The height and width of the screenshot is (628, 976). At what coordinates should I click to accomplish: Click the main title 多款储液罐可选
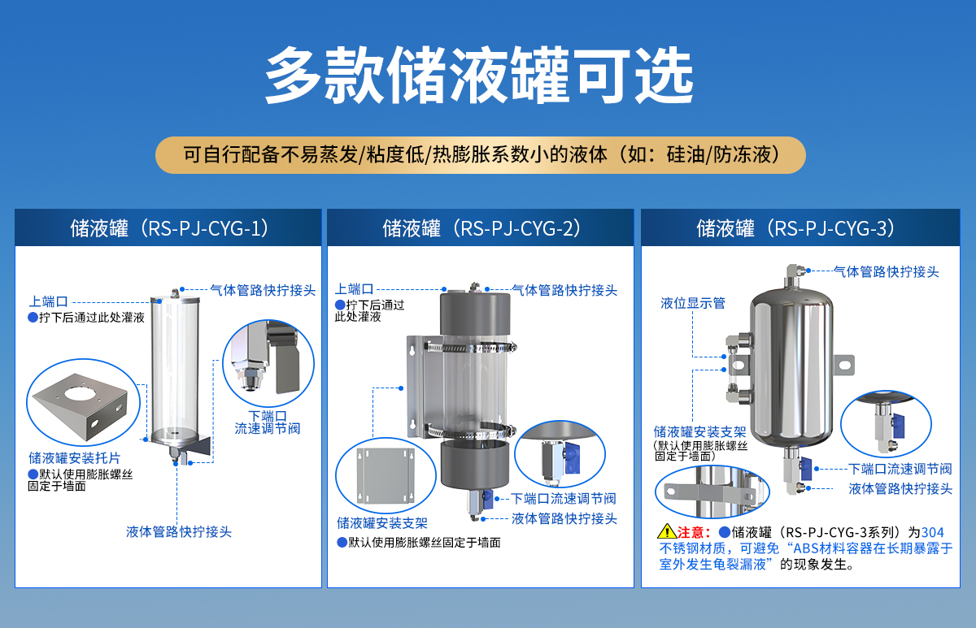pyautogui.click(x=480, y=76)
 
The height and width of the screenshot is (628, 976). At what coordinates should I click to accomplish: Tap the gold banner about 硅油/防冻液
pyautogui.click(x=480, y=154)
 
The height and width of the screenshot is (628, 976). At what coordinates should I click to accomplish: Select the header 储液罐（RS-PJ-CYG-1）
pyautogui.click(x=168, y=228)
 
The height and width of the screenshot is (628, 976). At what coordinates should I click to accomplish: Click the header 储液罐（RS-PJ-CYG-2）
pyautogui.click(x=481, y=228)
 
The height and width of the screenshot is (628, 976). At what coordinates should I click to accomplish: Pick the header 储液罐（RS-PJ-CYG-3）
pyautogui.click(x=795, y=228)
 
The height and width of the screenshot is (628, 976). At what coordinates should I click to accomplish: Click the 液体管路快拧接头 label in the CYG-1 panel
pyautogui.click(x=179, y=531)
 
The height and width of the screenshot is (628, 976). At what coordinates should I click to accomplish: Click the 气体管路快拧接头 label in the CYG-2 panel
pyautogui.click(x=564, y=290)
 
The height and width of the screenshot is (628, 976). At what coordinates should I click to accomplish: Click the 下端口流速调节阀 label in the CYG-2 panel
pyautogui.click(x=564, y=498)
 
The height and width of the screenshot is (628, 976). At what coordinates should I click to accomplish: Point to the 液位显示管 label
pyautogui.click(x=692, y=303)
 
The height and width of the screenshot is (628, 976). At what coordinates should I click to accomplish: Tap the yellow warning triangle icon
pyautogui.click(x=666, y=532)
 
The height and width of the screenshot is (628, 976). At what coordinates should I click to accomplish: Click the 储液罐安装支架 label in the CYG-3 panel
pyautogui.click(x=699, y=431)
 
